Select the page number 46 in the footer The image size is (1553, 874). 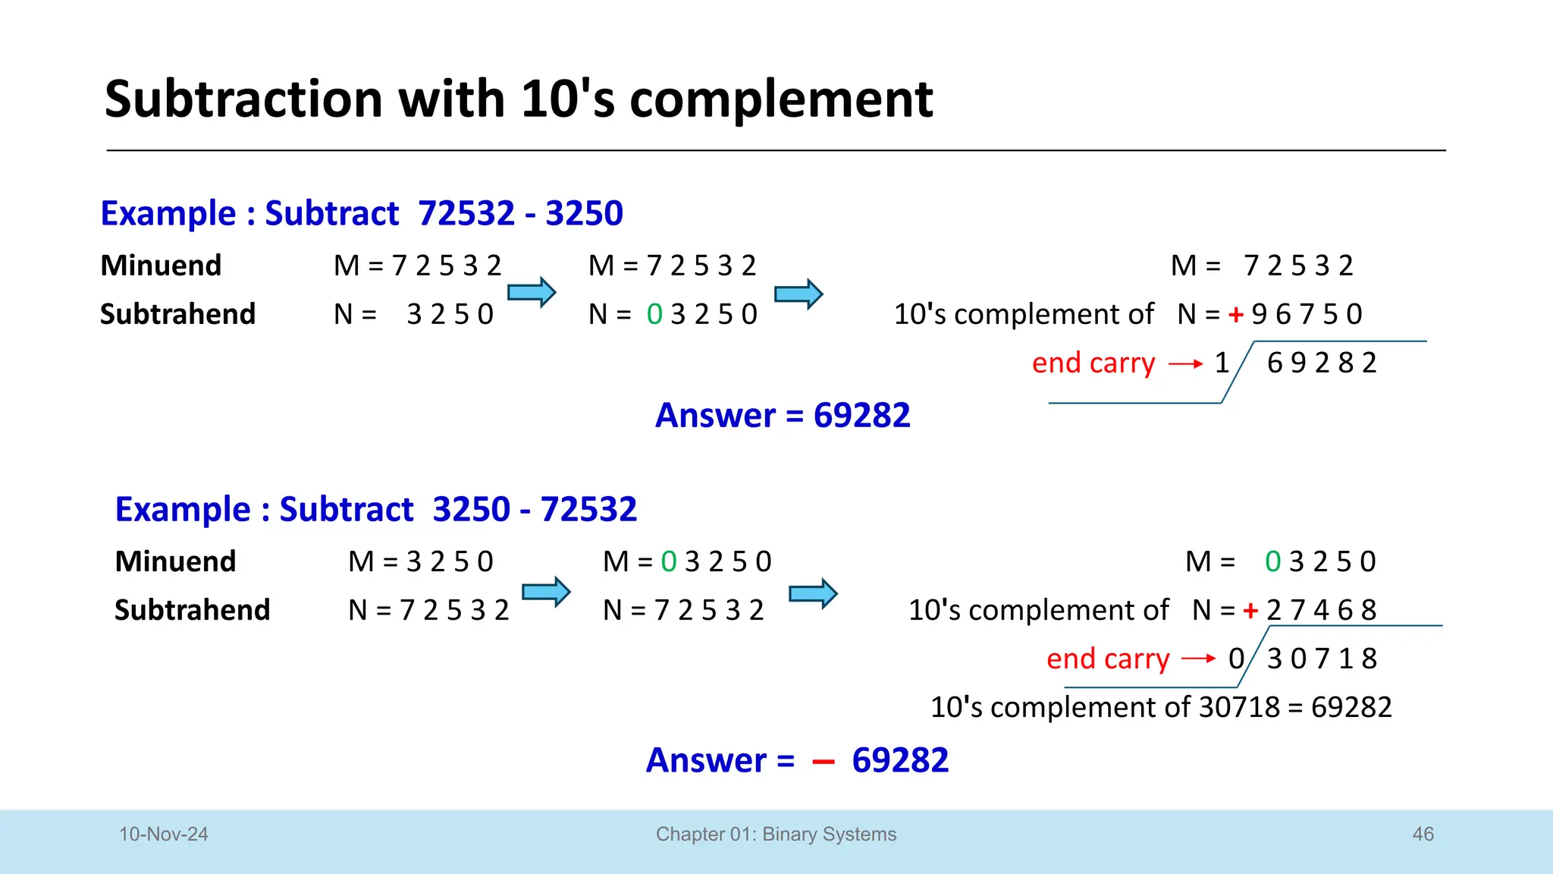1423,834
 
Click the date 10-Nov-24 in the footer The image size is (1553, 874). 163,834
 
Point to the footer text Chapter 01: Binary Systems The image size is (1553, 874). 776,834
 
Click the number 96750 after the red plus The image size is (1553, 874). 1307,314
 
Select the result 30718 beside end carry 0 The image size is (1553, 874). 1322,659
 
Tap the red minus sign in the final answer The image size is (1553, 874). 823,762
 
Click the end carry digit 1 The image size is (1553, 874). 1222,363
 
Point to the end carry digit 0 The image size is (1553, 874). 1236,659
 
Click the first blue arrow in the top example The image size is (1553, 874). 532,292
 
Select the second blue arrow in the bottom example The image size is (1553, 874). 813,593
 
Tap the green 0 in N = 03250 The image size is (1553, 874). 654,314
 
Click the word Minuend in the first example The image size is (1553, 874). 161,266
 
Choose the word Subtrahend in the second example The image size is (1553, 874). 192,610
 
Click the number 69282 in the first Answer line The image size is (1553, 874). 861,415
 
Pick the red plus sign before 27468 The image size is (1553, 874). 1250,610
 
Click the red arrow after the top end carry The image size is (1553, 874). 1186,364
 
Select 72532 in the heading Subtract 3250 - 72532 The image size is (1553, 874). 588,509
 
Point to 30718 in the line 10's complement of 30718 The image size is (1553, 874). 1239,707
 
